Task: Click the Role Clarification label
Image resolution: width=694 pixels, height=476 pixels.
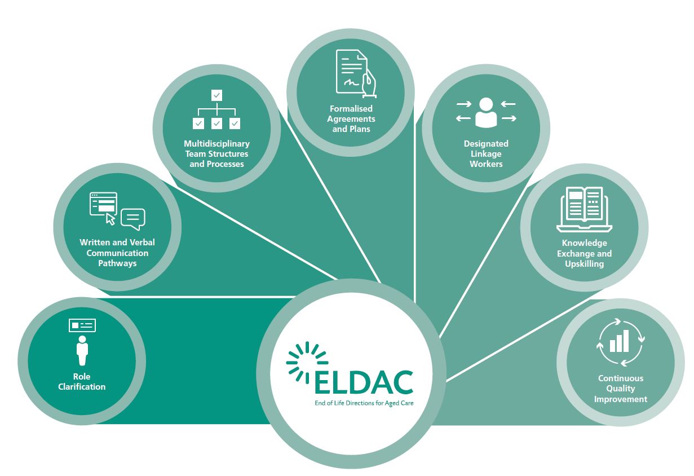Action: [82, 382]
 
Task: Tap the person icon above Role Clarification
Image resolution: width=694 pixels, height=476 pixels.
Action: [82, 350]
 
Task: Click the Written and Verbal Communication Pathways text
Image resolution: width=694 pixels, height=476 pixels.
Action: [117, 253]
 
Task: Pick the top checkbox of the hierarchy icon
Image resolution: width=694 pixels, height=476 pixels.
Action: [216, 95]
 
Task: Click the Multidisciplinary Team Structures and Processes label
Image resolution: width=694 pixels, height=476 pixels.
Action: [216, 154]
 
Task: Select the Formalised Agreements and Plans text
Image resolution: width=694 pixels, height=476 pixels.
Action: [351, 118]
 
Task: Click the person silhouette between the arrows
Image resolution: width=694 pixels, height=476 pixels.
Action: [486, 112]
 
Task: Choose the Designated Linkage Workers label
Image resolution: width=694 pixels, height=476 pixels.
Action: [486, 154]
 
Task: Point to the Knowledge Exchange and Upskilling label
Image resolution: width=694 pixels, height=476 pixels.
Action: [584, 253]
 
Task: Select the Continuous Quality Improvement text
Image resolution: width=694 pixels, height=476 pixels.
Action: [621, 389]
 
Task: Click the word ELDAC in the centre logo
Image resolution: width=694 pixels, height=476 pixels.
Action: [364, 383]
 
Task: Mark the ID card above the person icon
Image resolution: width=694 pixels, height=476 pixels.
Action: [82, 325]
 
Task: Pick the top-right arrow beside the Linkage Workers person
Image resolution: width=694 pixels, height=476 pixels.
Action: [508, 104]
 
